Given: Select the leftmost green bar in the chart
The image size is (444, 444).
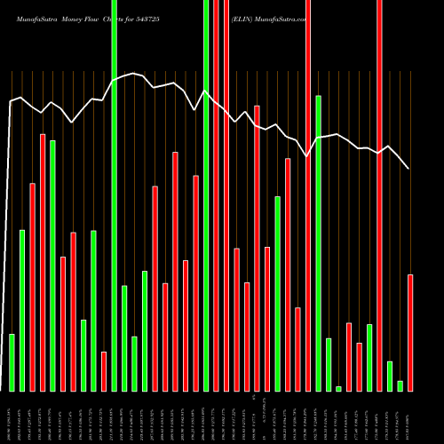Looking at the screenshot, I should coord(12,362).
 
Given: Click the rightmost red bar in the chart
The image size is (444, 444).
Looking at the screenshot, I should coord(410,333).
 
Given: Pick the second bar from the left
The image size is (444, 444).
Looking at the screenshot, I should coord(22,311).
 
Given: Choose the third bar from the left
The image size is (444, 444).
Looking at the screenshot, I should coord(32,287).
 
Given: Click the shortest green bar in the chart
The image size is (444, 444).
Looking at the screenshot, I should coord(339,388).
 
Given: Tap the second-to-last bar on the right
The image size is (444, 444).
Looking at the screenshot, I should coord(400,385).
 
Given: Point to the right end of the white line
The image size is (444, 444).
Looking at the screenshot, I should coord(408,168).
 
